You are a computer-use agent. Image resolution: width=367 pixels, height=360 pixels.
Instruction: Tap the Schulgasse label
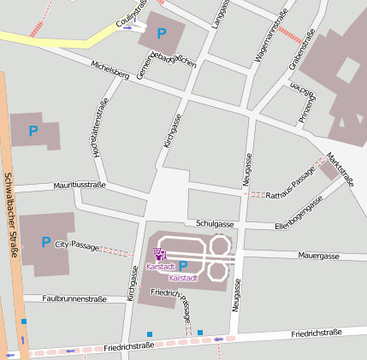click(215, 223)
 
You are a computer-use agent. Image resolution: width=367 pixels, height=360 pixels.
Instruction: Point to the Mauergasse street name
click(319, 256)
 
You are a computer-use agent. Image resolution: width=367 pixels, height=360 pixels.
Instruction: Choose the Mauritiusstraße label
click(79, 185)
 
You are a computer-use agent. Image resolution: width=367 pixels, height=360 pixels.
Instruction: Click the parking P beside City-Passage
click(46, 243)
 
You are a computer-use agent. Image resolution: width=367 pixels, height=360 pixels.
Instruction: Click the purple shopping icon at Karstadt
click(158, 253)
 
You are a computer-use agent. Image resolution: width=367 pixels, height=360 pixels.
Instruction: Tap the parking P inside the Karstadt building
click(182, 266)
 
